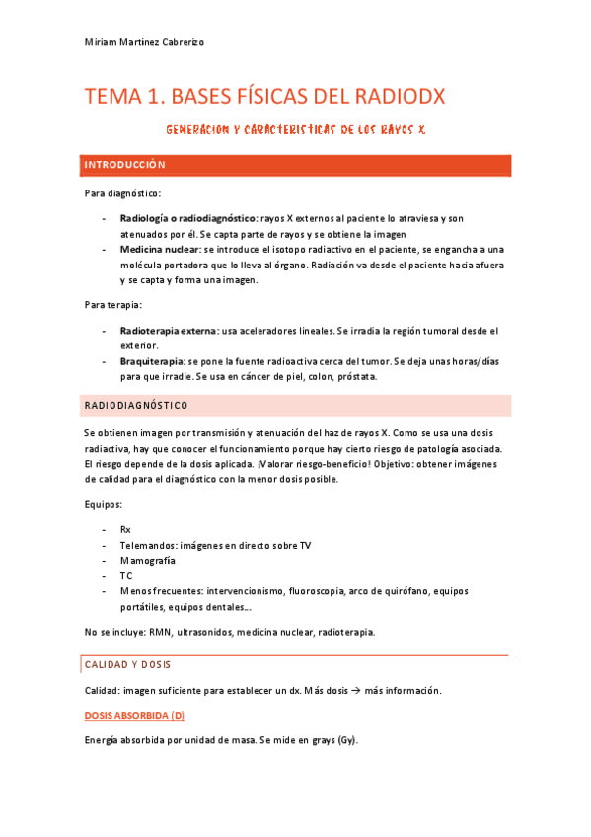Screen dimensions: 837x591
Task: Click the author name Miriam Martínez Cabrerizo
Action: (x=144, y=42)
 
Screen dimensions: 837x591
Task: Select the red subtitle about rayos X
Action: (x=295, y=129)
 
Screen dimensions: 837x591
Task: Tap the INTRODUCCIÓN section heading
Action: (x=124, y=164)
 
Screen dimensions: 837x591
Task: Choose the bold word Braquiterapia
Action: (x=151, y=362)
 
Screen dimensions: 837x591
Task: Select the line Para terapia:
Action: (x=113, y=304)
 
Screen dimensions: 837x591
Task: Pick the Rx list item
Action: (x=125, y=529)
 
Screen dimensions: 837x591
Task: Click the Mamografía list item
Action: (x=147, y=560)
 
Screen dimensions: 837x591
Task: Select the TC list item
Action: (x=125, y=575)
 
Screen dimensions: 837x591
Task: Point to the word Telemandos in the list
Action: (x=148, y=545)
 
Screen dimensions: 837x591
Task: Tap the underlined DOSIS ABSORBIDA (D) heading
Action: (x=134, y=714)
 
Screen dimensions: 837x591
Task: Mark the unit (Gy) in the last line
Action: (x=347, y=740)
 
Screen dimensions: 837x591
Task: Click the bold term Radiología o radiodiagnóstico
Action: (x=187, y=219)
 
